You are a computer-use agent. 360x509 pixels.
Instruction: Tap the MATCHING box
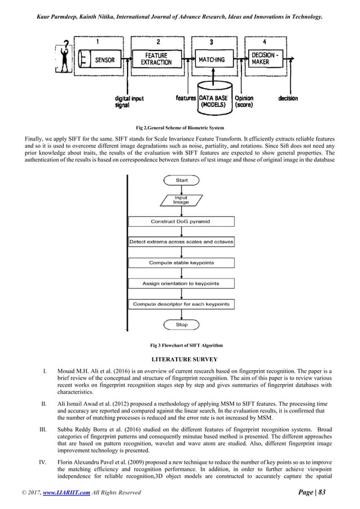pos(212,59)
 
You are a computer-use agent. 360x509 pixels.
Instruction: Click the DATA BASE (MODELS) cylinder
pos(213,96)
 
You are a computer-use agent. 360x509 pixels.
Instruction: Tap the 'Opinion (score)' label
pos(244,102)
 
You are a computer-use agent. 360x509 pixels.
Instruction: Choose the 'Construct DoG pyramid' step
pos(181,221)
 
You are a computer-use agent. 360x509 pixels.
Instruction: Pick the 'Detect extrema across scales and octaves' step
pos(181,242)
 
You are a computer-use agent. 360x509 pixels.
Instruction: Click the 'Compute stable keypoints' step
pos(181,263)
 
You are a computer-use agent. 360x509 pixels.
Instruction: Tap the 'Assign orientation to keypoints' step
pos(181,283)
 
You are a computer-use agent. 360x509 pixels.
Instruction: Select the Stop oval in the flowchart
pos(181,325)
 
